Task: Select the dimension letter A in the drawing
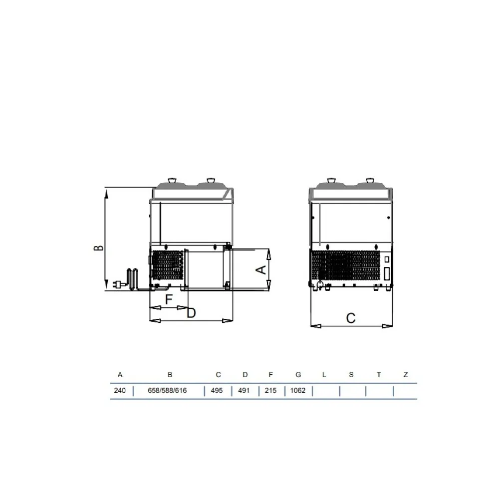260,269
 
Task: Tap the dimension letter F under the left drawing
169,299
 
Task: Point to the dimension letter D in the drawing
191,313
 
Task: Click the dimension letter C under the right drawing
351,318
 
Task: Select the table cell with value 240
120,391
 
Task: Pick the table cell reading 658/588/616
167,391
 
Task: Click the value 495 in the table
217,391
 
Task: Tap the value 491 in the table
244,391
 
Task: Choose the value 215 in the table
270,391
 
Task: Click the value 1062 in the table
298,391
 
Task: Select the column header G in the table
298,374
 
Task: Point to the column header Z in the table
406,374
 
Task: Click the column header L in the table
324,374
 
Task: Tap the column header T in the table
379,374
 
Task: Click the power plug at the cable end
119,285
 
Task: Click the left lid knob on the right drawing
330,180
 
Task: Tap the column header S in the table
351,374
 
